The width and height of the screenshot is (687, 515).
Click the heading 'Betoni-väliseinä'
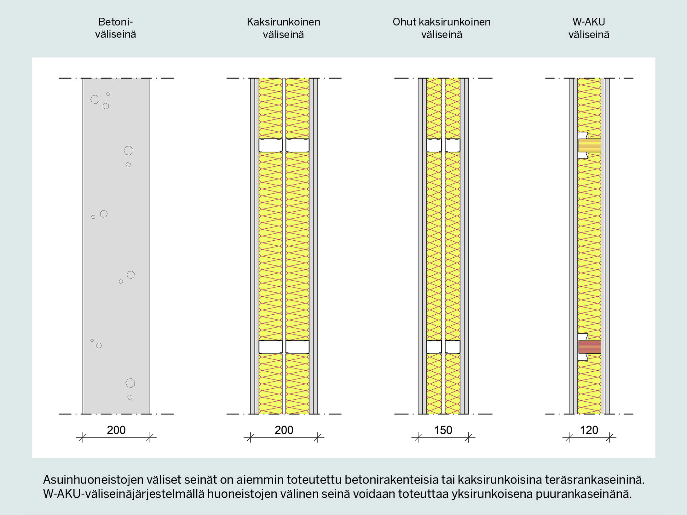click(116, 28)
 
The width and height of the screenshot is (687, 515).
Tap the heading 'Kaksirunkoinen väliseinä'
click(283, 28)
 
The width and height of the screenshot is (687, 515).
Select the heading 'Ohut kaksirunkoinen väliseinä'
click(442, 28)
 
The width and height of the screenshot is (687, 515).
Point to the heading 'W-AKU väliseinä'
click(589, 28)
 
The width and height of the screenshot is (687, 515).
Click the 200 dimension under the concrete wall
click(116, 430)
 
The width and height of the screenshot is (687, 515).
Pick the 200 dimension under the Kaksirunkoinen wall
click(284, 430)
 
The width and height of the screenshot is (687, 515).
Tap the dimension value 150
click(443, 430)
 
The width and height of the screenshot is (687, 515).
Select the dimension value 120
click(589, 430)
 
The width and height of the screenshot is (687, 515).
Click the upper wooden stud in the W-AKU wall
click(590, 146)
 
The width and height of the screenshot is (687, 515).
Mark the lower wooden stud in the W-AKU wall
click(590, 347)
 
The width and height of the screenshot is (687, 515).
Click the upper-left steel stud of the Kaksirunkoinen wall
click(270, 146)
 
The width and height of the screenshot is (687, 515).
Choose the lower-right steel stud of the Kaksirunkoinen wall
click(297, 347)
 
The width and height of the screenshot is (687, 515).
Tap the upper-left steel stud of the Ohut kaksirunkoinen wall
click(434, 146)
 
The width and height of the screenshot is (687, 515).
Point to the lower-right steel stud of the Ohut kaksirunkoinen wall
click(453, 347)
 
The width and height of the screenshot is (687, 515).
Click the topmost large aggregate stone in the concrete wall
click(95, 99)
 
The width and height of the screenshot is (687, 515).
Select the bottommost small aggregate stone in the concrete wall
click(130, 397)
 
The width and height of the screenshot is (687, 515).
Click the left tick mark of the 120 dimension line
click(569, 437)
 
